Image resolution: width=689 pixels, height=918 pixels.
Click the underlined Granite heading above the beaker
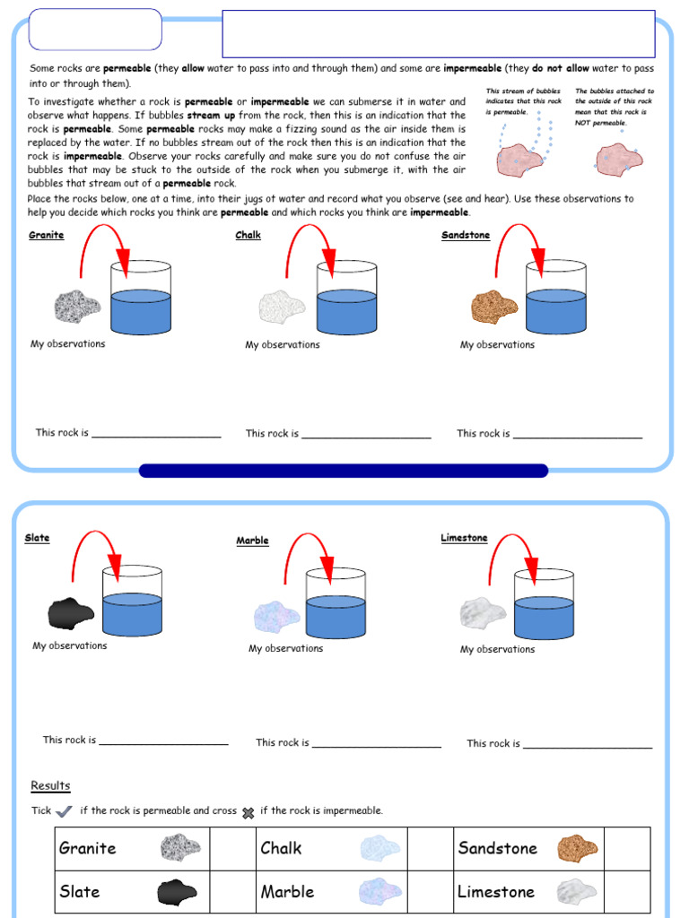[46, 236]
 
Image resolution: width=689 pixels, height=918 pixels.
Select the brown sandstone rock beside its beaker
[494, 307]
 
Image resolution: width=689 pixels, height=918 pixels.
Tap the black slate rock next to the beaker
[71, 614]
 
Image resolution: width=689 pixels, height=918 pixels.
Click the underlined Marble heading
[252, 541]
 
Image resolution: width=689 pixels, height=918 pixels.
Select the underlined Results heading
[50, 786]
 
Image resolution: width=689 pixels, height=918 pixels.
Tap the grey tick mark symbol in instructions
[64, 812]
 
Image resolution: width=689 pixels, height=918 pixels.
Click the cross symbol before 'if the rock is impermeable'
[249, 812]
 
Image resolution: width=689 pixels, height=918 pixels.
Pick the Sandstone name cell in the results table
[498, 848]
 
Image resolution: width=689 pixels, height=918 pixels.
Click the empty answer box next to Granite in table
[229, 848]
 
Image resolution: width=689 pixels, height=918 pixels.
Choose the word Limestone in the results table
[495, 892]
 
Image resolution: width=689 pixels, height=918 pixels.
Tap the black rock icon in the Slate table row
[177, 892]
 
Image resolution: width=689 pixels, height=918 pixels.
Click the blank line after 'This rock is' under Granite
[156, 436]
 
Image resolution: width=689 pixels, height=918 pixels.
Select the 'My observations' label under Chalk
[283, 345]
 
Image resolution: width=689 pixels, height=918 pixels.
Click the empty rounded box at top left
[95, 30]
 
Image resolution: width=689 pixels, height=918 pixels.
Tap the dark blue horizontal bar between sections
[344, 471]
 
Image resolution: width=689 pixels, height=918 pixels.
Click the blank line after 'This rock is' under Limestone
[588, 746]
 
